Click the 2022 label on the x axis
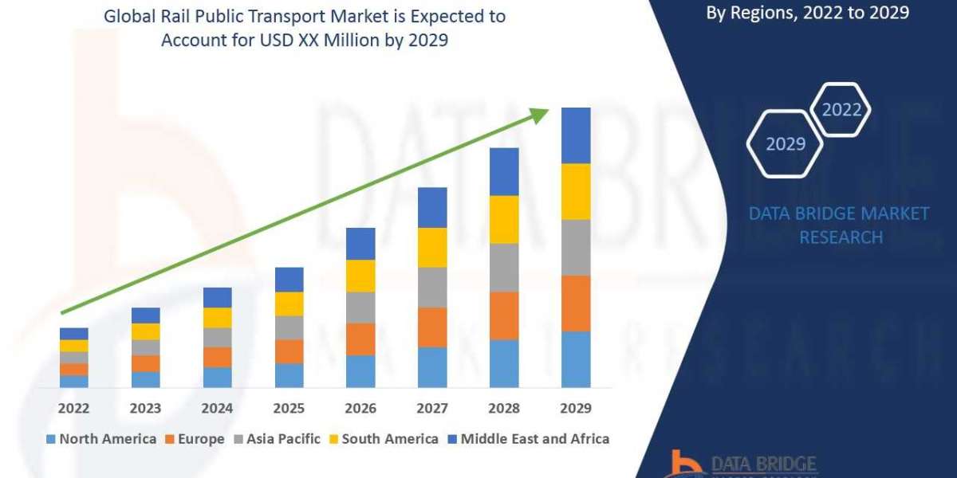click(73, 408)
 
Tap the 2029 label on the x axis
click(576, 408)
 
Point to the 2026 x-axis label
click(360, 408)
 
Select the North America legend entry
click(101, 439)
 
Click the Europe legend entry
click(195, 439)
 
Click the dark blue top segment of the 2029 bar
click(576, 135)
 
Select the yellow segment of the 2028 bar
click(504, 219)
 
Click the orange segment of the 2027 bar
click(432, 327)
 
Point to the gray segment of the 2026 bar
click(360, 307)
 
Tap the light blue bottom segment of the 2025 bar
click(289, 375)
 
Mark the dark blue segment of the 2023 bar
click(145, 315)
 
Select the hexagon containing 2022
click(841, 110)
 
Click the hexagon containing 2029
click(785, 143)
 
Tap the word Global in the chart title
click(128, 16)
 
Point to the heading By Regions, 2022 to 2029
click(807, 12)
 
